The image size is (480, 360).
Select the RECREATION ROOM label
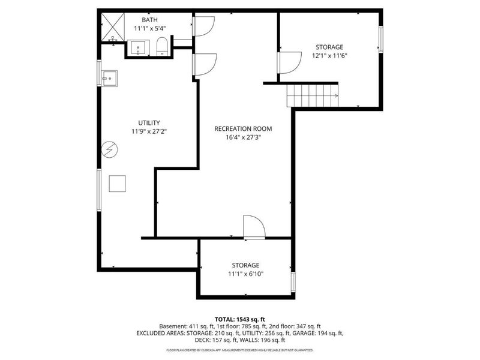tap(244, 128)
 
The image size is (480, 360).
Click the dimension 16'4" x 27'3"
tap(244, 137)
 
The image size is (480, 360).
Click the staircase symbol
tap(312, 95)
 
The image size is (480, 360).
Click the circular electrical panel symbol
tap(110, 148)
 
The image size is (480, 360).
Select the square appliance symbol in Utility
tap(118, 183)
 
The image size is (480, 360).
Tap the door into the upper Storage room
tap(289, 62)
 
